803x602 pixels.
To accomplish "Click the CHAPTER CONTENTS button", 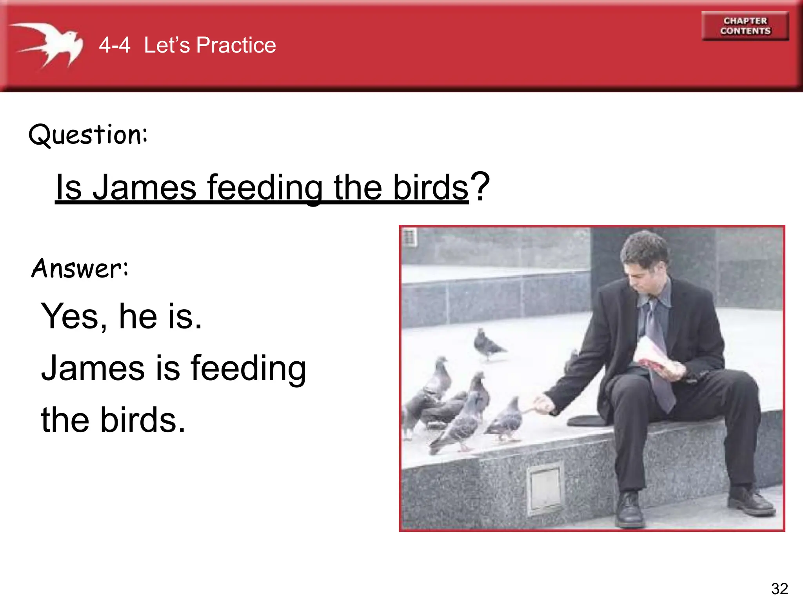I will tap(745, 26).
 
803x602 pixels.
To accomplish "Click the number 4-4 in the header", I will tap(114, 45).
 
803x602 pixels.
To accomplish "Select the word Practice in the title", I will tap(236, 45).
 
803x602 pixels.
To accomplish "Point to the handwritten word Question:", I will tap(88, 134).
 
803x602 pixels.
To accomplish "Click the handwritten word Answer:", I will tap(80, 269).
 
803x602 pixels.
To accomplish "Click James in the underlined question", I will tap(144, 187).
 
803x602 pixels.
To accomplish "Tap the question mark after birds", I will tap(480, 186).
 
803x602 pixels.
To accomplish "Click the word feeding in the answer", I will tap(248, 368).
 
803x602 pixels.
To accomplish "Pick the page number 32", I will tap(779, 589).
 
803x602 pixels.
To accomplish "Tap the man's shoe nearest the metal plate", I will tap(629, 510).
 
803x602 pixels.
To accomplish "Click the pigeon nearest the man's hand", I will tap(508, 419).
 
